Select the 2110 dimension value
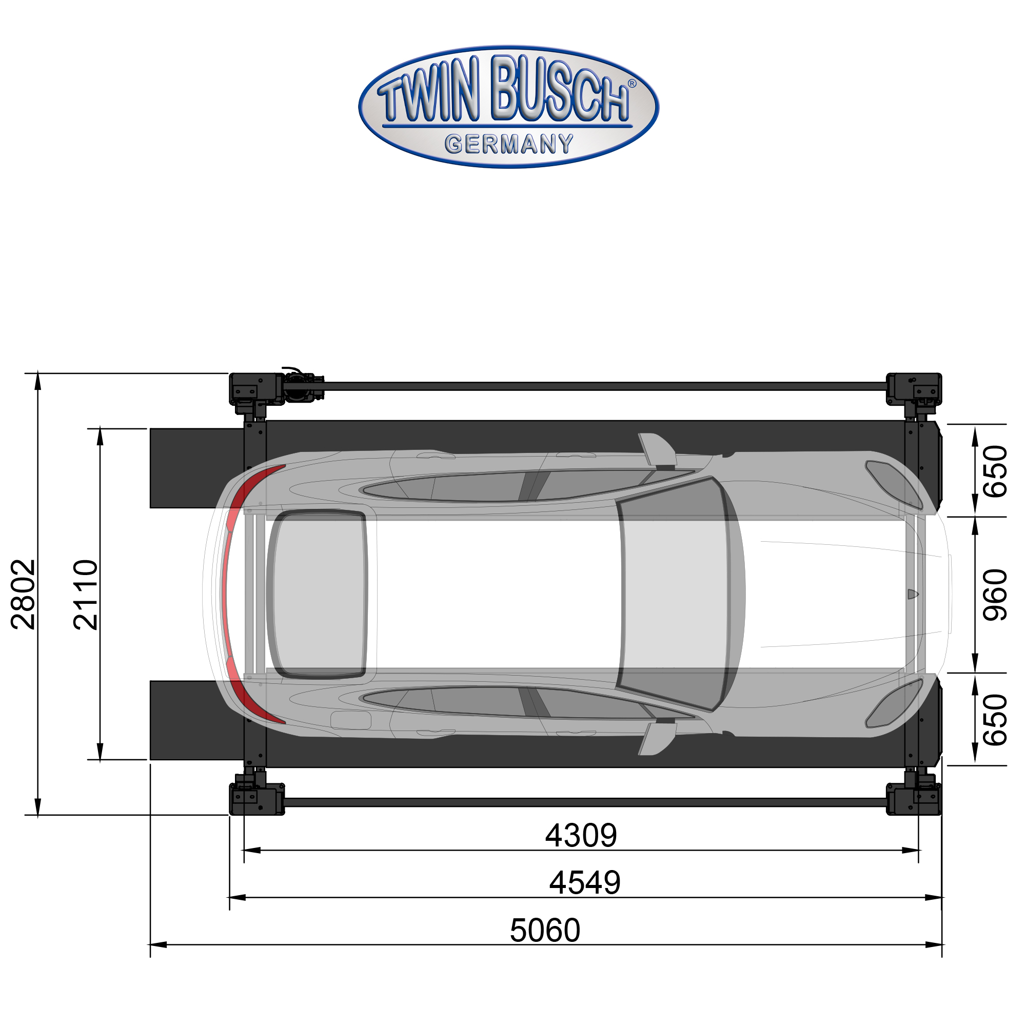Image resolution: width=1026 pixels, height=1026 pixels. (x=86, y=595)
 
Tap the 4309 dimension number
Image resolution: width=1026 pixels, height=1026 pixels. (x=581, y=835)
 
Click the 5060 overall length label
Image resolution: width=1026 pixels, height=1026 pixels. (x=545, y=931)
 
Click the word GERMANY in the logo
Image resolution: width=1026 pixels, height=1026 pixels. (x=509, y=144)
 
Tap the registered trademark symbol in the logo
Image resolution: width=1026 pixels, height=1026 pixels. (x=632, y=84)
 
